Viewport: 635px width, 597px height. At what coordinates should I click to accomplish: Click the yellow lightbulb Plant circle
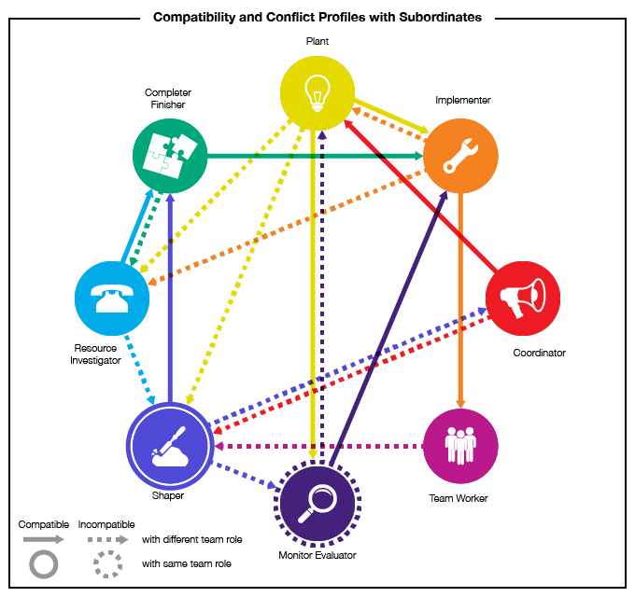coord(317,92)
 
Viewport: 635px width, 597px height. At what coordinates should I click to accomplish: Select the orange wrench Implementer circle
coord(459,156)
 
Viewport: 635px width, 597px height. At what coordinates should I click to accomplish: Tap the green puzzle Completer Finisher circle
coord(170,156)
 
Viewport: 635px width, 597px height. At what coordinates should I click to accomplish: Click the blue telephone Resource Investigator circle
coord(112,298)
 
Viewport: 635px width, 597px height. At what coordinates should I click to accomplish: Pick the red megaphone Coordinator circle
coord(522,298)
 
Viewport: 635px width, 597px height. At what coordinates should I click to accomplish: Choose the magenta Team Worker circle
coord(460,445)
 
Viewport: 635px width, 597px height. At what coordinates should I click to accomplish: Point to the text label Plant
coord(317,42)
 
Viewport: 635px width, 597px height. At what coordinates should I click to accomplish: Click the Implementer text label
coord(462,100)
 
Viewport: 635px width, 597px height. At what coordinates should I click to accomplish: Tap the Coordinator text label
coord(539,353)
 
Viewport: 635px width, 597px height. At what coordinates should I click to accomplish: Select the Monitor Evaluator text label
coord(317,555)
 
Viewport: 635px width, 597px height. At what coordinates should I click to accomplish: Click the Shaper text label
coord(168,495)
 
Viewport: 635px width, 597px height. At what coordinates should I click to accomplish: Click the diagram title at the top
coord(317,17)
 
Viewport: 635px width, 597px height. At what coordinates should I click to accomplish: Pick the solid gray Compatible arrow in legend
coord(44,538)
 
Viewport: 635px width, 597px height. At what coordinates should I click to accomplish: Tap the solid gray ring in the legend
coord(44,564)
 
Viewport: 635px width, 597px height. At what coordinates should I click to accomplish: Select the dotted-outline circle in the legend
coord(108,564)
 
